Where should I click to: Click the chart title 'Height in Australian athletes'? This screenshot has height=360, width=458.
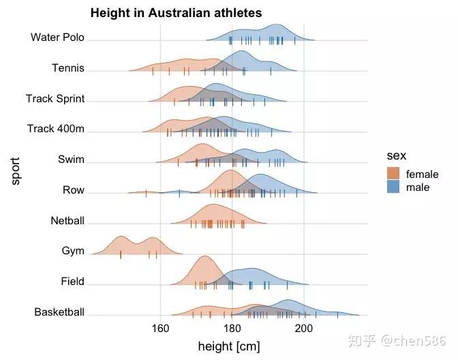coord(176,13)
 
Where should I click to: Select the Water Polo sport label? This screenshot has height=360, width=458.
coord(57,37)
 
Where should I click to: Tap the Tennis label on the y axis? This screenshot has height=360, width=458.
coord(68,67)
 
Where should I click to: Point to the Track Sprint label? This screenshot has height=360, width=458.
coord(55,98)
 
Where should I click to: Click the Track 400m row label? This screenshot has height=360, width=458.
coord(56,129)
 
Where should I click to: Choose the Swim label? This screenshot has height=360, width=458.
coord(72,160)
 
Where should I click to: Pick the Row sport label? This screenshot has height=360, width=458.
coord(74,190)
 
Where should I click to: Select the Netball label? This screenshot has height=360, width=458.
coord(67,221)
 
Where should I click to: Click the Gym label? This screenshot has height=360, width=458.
coord(73,251)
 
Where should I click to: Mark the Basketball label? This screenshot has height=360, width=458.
coord(59,312)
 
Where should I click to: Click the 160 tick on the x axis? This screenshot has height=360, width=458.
coord(160,328)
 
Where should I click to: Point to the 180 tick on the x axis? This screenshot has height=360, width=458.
coord(232,328)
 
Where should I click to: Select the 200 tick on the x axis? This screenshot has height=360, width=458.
coord(303,328)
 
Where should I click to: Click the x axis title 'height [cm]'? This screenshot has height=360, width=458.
coord(228,346)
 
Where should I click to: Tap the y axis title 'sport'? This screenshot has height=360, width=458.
coord(16,170)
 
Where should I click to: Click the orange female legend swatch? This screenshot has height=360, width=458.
coord(393,174)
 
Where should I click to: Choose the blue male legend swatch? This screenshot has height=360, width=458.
coord(393,187)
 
